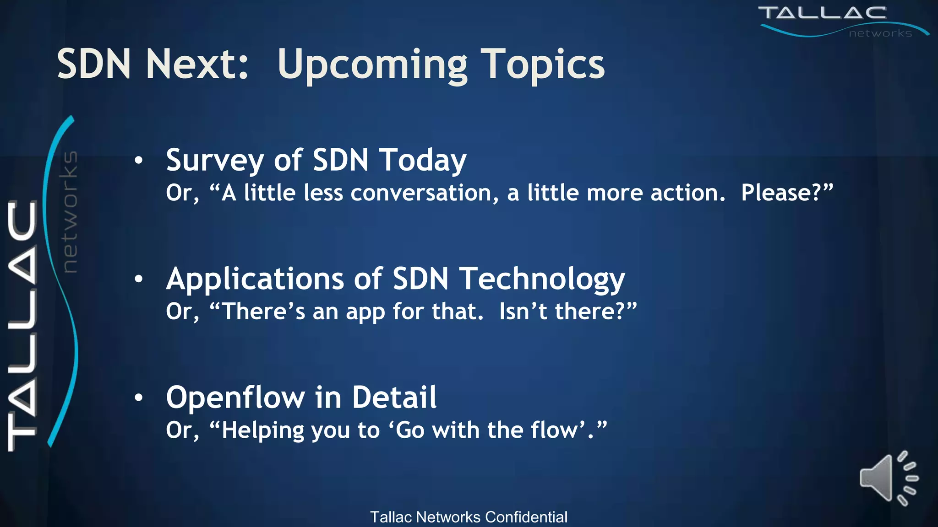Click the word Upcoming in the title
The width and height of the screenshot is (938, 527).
point(372,65)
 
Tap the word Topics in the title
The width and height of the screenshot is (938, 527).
point(542,65)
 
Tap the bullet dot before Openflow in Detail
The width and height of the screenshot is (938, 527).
point(139,398)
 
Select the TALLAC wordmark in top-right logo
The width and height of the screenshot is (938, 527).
point(822,13)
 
